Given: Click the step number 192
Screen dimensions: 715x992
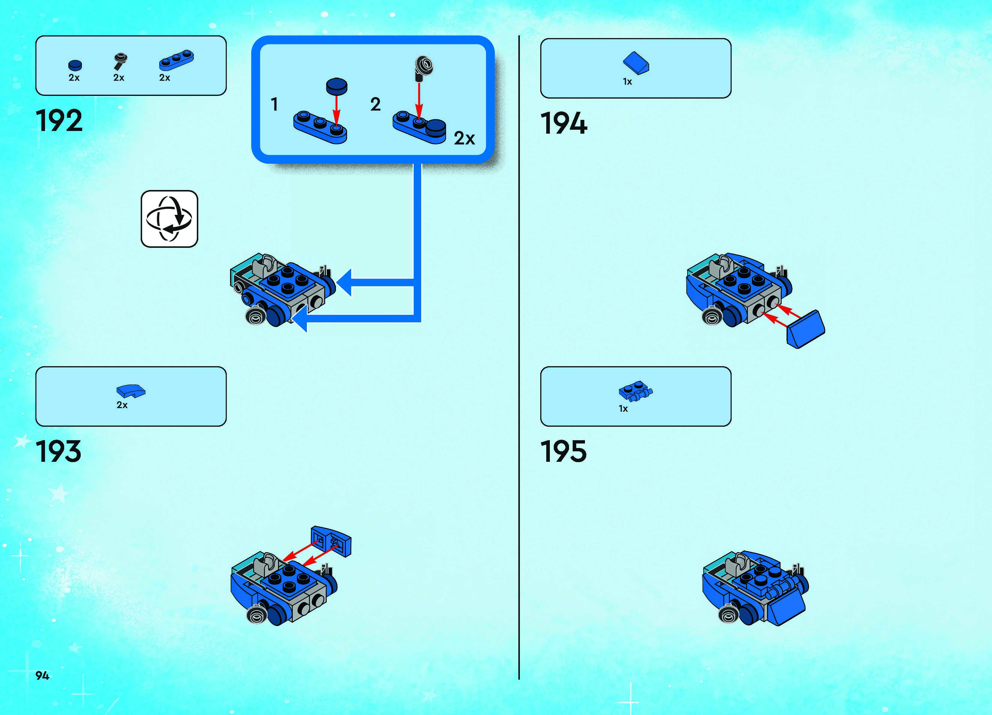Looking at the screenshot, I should click(x=59, y=121).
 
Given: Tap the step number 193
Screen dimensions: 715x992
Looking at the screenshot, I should click(x=58, y=452).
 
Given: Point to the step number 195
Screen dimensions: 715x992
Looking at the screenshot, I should click(x=563, y=452).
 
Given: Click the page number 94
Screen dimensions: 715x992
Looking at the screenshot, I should click(x=42, y=676).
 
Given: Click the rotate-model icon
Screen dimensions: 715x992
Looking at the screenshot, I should click(x=169, y=219).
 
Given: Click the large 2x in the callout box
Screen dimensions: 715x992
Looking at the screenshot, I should click(x=464, y=138).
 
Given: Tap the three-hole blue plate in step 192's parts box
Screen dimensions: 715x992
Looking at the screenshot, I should click(x=176, y=60).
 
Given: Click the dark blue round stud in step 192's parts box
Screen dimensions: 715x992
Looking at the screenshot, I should click(x=75, y=65).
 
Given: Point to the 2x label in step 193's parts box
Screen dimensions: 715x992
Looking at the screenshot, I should click(x=122, y=405).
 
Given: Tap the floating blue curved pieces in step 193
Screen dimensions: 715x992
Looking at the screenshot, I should click(x=331, y=541).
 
